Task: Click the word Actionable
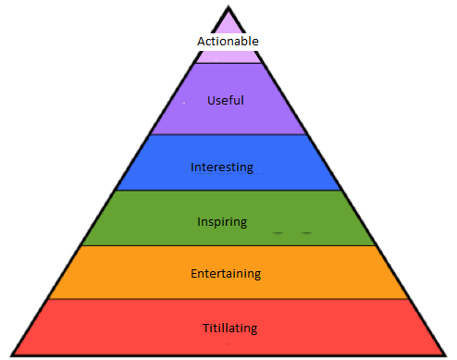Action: pyautogui.click(x=228, y=42)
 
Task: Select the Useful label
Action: pyautogui.click(x=226, y=100)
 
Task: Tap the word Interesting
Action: pyautogui.click(x=222, y=168)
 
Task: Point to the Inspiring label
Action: pyautogui.click(x=222, y=221)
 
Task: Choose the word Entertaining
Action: pyautogui.click(x=226, y=274)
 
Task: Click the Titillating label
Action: pyautogui.click(x=229, y=328)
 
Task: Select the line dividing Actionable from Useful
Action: pyautogui.click(x=228, y=63)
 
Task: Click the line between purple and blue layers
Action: pyautogui.click(x=228, y=135)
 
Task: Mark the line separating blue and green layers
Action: pyautogui.click(x=228, y=191)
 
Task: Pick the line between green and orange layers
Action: pyautogui.click(x=228, y=245)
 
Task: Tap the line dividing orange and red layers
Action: pyautogui.click(x=228, y=299)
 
